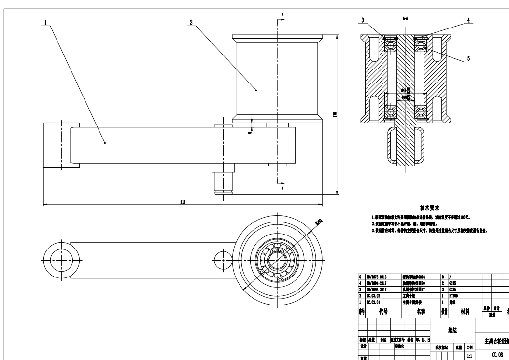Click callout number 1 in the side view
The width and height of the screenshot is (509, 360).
point(45,22)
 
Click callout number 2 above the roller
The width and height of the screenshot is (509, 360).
point(191,22)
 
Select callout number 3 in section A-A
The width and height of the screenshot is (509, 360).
point(363,20)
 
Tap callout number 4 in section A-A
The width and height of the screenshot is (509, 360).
point(468,20)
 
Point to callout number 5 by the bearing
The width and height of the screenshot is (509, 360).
point(468,58)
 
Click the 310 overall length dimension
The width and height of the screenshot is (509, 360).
point(183,202)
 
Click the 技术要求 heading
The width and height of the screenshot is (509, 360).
point(429,208)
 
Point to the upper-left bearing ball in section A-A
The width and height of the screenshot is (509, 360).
point(390,46)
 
